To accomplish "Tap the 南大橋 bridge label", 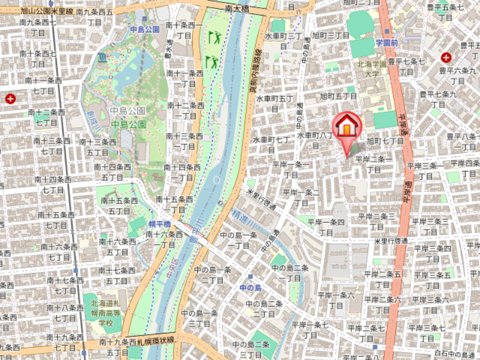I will [x=237, y=8].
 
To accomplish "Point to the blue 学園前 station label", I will [x=387, y=43].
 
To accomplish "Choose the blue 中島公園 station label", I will [x=145, y=29].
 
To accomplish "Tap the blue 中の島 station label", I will [x=250, y=288].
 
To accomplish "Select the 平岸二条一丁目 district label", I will [x=374, y=164].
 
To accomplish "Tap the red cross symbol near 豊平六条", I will [x=446, y=58].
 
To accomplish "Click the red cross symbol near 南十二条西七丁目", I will [x=10, y=98].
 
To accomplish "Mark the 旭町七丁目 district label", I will [x=385, y=141].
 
